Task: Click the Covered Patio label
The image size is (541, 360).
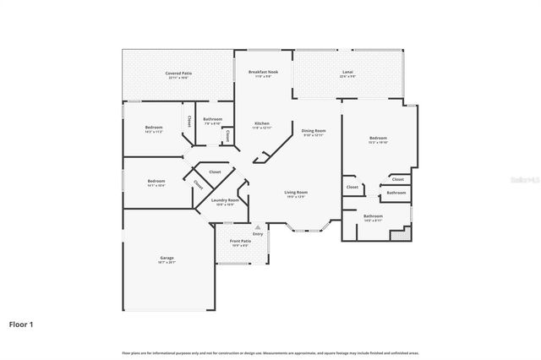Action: (178, 74)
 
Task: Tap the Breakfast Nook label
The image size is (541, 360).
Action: (263, 73)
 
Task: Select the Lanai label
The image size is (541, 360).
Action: (347, 73)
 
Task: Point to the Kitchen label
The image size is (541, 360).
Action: (262, 125)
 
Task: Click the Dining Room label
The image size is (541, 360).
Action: (314, 132)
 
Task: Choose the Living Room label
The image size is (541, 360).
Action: (296, 194)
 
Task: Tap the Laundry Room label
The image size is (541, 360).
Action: (225, 201)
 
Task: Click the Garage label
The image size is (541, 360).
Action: (167, 259)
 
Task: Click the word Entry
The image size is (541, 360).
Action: (258, 233)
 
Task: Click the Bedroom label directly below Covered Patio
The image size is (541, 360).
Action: (154, 128)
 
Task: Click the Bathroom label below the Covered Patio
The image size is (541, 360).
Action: (212, 120)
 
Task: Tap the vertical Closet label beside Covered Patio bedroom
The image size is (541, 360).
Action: (189, 122)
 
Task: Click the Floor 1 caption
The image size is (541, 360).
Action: (21, 324)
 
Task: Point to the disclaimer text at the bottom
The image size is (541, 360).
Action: (270, 352)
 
